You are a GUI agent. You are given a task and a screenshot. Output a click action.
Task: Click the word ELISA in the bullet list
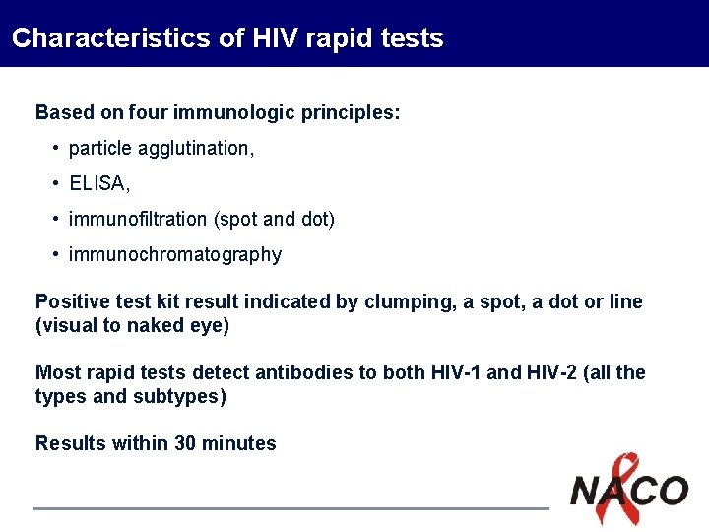(97, 183)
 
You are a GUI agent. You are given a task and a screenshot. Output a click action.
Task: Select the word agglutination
(196, 148)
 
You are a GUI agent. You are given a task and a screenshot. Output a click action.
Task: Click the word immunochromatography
(175, 254)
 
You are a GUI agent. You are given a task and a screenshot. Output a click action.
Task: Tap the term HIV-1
(457, 372)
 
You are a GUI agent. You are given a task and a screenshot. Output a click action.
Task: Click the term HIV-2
(558, 372)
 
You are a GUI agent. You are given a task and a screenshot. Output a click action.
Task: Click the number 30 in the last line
(185, 443)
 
